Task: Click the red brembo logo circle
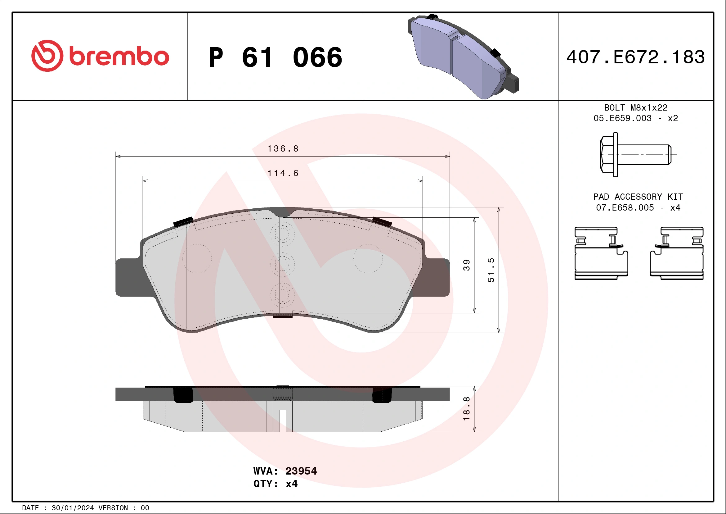[x=47, y=56]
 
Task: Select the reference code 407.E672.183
[x=636, y=57]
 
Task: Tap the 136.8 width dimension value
[x=283, y=149]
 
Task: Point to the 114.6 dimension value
[x=283, y=173]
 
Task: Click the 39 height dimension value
[x=467, y=265]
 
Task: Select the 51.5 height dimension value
[x=491, y=270]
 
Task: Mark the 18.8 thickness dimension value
[x=467, y=409]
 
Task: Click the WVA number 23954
[x=301, y=471]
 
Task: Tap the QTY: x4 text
[x=276, y=484]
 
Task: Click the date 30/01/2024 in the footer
[x=73, y=508]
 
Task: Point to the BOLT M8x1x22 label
[x=636, y=107]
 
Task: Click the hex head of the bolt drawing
[x=607, y=155]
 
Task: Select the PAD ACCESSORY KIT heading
[x=638, y=197]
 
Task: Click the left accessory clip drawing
[x=601, y=253]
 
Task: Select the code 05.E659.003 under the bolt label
[x=622, y=118]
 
